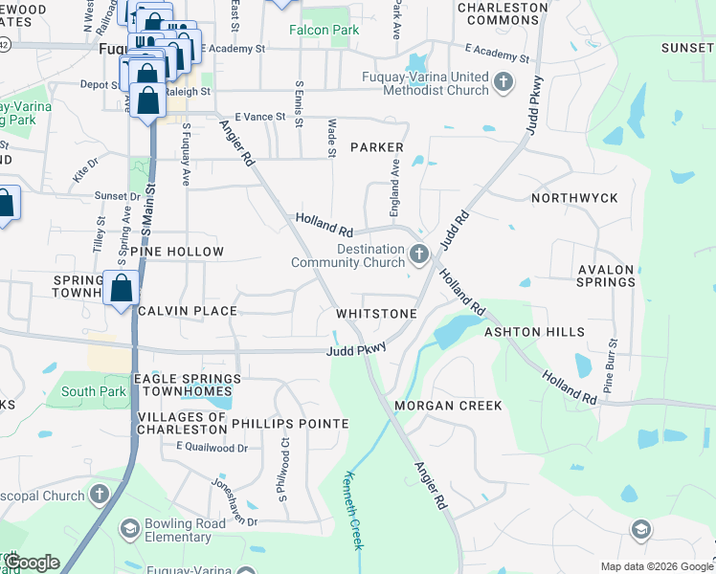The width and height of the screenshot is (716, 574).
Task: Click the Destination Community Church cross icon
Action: point(418,254)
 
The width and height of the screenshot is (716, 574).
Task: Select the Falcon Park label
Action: point(325,30)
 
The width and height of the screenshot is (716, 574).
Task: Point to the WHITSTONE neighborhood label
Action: point(376,314)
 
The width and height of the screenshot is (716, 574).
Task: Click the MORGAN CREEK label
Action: point(448,406)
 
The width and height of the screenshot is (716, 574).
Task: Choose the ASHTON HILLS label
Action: point(534,332)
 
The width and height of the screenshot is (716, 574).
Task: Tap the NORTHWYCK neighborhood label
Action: point(574,198)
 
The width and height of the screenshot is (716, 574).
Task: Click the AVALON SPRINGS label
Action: point(607,276)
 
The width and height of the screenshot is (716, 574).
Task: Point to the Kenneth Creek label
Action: point(353,511)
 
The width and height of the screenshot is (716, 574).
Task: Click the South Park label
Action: point(93,391)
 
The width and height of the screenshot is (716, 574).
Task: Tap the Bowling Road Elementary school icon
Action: point(126,528)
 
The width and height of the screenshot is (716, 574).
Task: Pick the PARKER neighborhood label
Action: point(377,147)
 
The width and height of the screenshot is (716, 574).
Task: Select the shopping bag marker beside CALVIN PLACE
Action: point(123,289)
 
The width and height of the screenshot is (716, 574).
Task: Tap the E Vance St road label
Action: point(260,116)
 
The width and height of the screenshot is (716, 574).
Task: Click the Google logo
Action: point(32,563)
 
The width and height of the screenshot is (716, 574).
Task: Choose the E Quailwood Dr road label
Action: point(212,447)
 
